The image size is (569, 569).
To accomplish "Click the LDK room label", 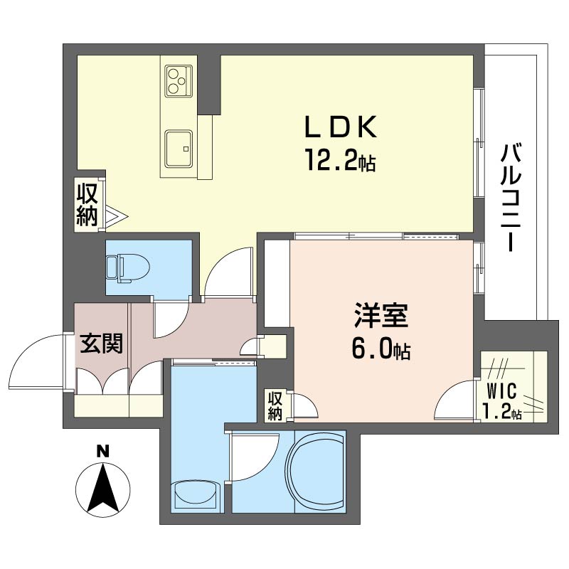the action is pos(341,127).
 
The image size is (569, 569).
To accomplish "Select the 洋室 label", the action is pos(381,316).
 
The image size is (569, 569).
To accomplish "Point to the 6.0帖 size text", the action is pos(381,350).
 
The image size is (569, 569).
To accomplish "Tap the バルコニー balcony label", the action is pos(511,198).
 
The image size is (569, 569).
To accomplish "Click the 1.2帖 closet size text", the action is pos(502,412).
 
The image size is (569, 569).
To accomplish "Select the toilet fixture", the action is pos(127,269).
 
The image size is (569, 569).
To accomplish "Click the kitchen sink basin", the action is pos(179,149).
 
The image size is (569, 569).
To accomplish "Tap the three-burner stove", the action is pos(179,81).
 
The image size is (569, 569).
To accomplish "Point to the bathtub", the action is pos(314,471).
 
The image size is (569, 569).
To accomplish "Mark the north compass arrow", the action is pos(103,489).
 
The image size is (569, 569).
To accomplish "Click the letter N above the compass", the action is pos(102,451).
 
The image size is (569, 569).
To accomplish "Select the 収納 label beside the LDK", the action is pos(87,204).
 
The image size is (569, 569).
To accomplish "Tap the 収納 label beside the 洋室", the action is pos(275,406).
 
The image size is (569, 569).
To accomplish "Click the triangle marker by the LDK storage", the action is pos(116,217).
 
